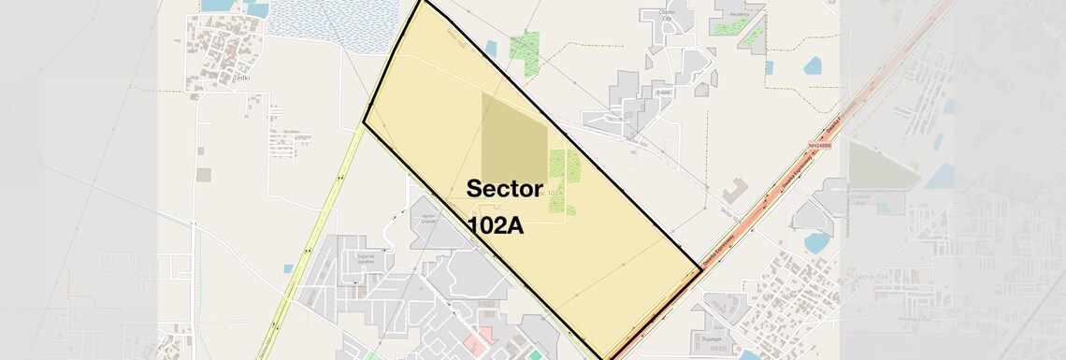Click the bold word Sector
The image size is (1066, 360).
point(504,188)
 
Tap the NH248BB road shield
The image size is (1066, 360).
point(819,146)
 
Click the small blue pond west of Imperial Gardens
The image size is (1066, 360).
point(289,268)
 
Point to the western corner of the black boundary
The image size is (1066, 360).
point(364,122)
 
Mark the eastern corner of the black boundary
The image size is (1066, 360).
point(700,268)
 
